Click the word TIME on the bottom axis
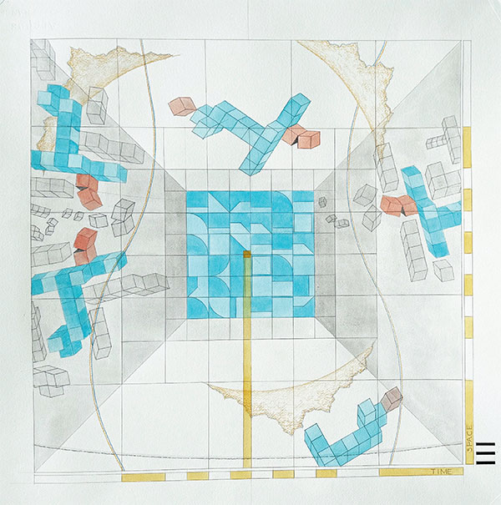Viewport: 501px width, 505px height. point(442,472)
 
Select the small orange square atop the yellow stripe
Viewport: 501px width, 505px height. point(246,253)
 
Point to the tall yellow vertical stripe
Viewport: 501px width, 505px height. point(246,359)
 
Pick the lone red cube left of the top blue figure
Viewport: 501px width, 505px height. point(180,106)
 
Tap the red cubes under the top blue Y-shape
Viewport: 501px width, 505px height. point(301,138)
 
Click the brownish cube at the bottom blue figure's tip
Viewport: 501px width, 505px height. point(391,398)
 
